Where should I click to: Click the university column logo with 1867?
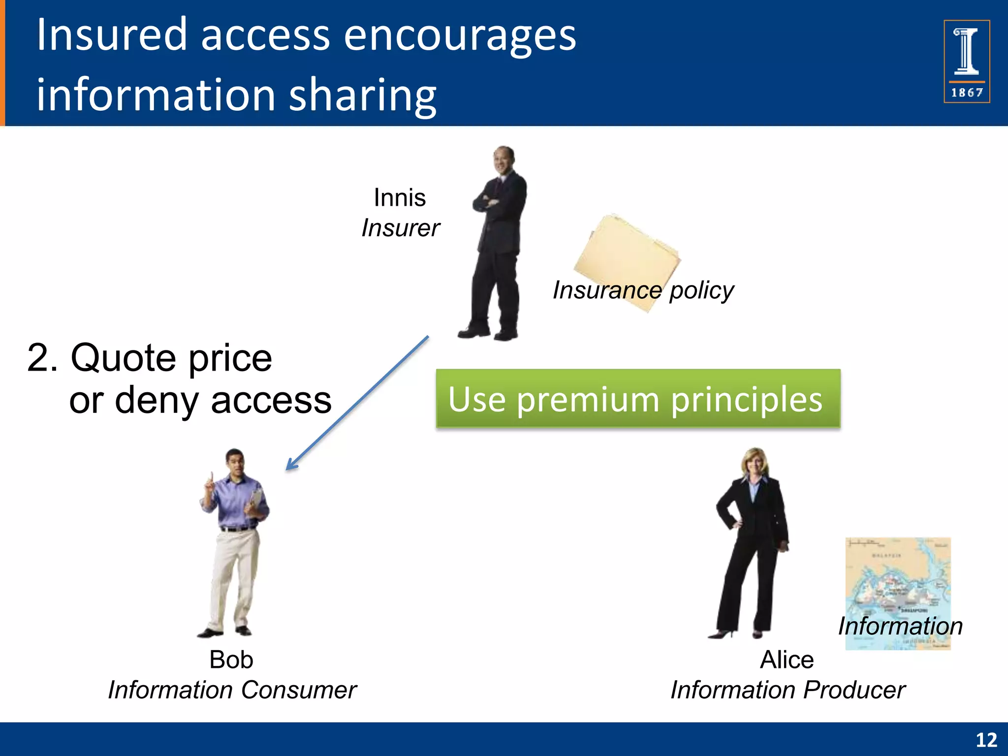[966, 61]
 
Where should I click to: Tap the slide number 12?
[986, 740]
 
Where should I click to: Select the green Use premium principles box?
[638, 398]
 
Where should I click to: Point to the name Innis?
[399, 198]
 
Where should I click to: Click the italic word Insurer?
[400, 228]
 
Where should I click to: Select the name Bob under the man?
[231, 660]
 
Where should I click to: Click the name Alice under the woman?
[787, 660]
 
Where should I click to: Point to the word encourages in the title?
[460, 35]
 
